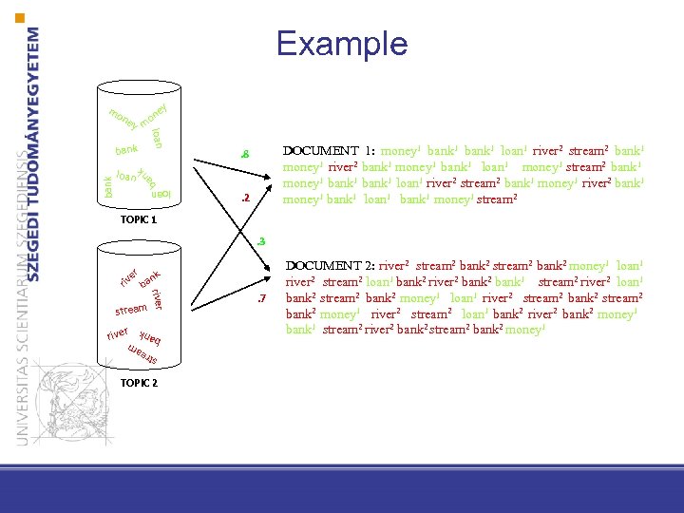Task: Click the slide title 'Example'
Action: tap(341, 44)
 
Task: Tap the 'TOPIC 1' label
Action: tap(139, 219)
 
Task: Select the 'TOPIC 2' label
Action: tap(139, 383)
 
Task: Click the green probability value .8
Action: tap(244, 155)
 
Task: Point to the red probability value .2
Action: tap(244, 199)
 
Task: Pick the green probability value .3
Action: tap(260, 241)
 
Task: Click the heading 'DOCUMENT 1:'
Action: tap(328, 151)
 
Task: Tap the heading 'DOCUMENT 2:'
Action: tap(329, 267)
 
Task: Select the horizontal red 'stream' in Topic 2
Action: tap(131, 310)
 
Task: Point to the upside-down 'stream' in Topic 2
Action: tap(141, 356)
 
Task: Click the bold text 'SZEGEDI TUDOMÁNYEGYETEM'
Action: tap(34, 152)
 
